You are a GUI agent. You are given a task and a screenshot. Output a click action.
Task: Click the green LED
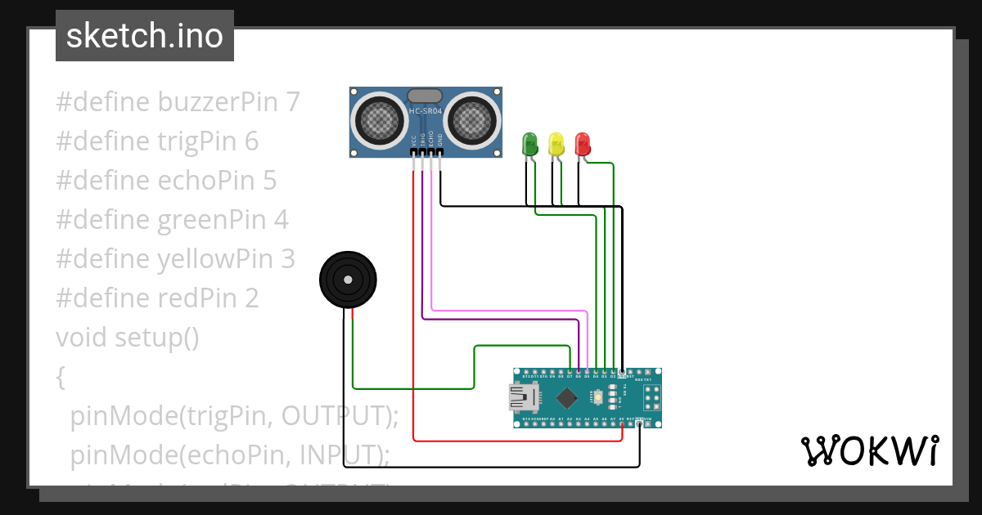pos(530,144)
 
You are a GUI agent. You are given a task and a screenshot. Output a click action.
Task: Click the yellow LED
pos(556,144)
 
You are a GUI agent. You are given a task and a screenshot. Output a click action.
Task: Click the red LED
pos(583,144)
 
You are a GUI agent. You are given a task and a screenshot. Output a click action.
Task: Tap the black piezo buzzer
pos(349,280)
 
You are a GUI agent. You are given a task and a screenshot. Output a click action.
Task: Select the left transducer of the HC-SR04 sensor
pos(379,121)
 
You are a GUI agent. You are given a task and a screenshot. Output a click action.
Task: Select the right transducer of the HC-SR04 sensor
pos(472,121)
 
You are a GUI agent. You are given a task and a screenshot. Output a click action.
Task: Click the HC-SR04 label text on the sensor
pos(426,112)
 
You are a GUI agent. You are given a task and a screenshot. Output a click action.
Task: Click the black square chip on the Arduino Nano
pos(566,398)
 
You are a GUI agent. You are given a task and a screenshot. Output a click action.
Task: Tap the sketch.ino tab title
pos(145,36)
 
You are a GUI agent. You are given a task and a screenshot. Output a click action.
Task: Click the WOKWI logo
pos(869,450)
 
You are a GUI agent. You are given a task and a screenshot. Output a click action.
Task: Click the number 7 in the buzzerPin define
pos(293,102)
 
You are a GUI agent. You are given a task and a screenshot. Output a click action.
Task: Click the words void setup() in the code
pos(128,337)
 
